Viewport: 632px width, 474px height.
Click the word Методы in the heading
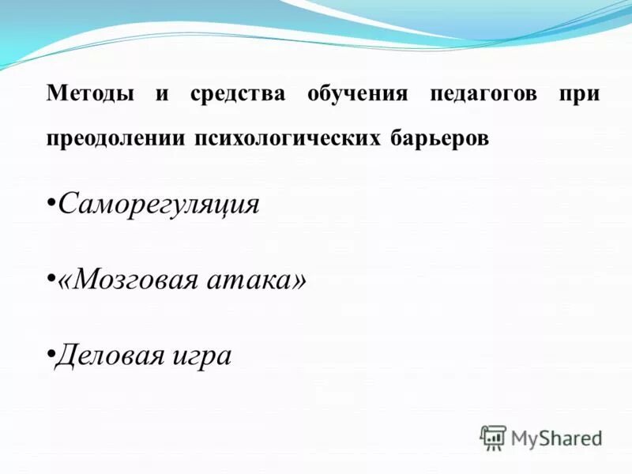pos(89,94)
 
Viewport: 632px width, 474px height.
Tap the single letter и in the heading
pos(163,94)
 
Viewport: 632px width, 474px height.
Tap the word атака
pos(251,280)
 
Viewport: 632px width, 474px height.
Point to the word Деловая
pos(112,355)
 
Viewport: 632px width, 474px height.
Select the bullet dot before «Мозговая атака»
pos(51,280)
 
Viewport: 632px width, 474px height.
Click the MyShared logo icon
pos(493,438)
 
